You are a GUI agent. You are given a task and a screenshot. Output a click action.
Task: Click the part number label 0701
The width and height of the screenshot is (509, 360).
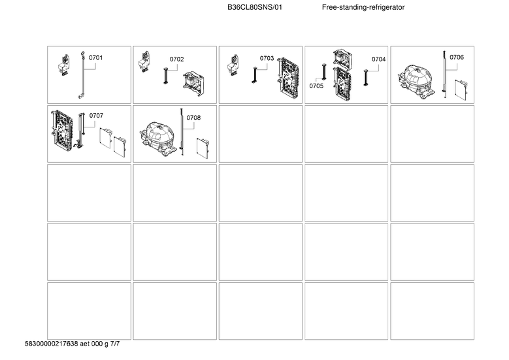[96, 58]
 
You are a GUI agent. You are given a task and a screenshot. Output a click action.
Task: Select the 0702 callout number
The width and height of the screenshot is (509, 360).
[176, 59]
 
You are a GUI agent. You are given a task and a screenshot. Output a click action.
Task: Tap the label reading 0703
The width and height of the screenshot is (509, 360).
[267, 58]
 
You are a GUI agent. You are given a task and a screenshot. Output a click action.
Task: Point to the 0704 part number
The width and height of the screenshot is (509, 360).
[378, 59]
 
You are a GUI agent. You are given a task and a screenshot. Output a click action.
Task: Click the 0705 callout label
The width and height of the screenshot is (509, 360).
[316, 86]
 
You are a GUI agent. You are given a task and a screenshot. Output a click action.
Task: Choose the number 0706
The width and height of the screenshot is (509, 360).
[457, 57]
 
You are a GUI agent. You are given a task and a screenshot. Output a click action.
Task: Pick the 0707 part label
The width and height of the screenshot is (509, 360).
[96, 116]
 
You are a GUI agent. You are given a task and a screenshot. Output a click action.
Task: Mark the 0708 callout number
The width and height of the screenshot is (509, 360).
[193, 118]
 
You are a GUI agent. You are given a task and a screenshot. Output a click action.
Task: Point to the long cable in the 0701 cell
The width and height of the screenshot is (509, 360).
[82, 75]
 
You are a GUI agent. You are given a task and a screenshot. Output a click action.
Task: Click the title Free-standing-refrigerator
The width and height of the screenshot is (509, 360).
[363, 7]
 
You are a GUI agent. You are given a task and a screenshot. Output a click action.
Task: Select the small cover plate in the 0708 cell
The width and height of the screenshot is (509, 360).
[204, 148]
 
